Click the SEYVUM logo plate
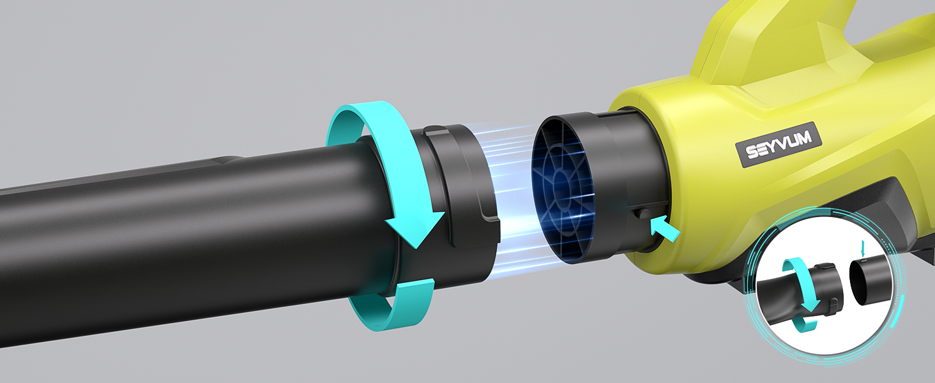coord(779,145)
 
